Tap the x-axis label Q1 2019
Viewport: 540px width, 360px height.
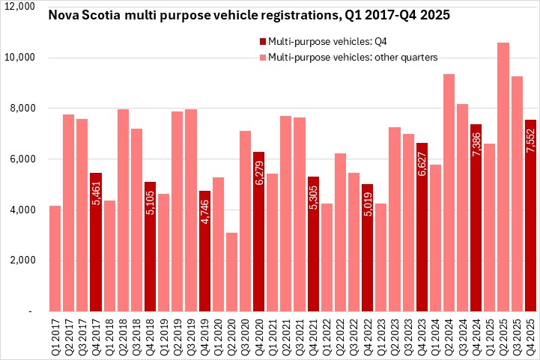[x=163, y=335]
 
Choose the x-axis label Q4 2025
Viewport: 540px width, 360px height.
[x=530, y=335]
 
